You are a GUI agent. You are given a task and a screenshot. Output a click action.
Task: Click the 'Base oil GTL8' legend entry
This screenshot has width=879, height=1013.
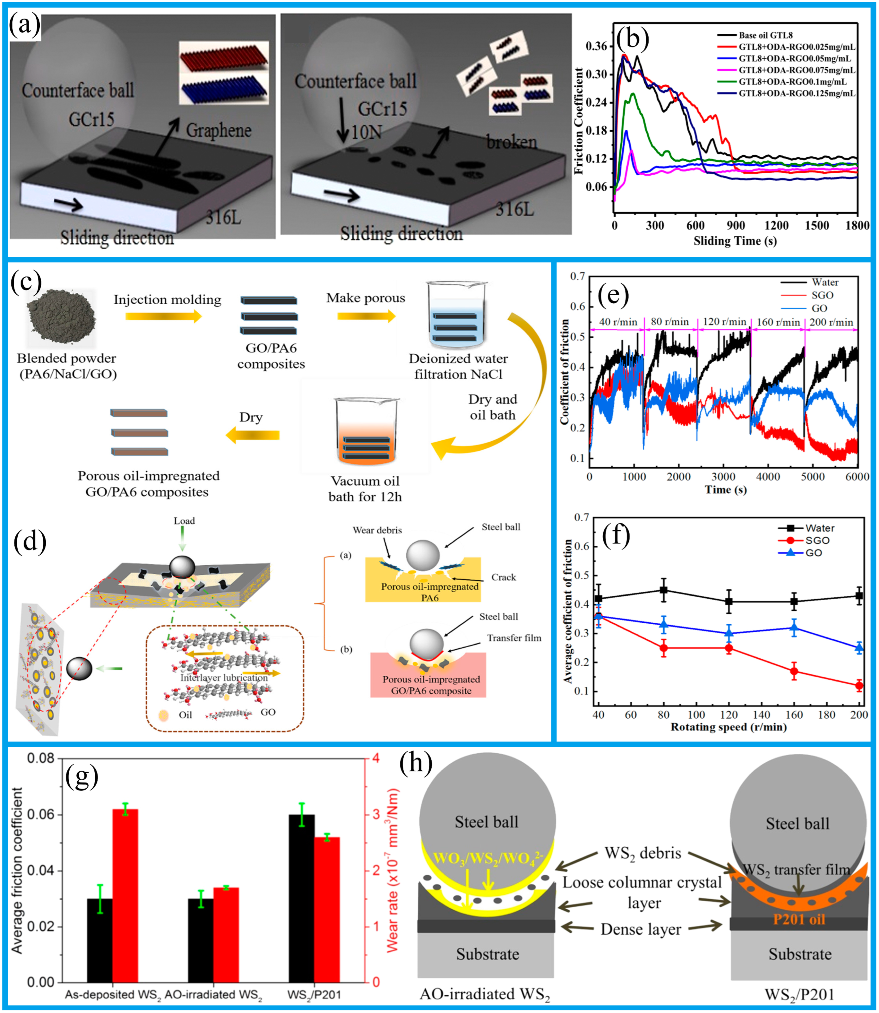pyautogui.click(x=765, y=35)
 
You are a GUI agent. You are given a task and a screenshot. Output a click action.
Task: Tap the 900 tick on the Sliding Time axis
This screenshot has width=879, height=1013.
pyautogui.click(x=735, y=225)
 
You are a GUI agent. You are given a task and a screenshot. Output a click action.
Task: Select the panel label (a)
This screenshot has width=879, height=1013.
pyautogui.click(x=24, y=25)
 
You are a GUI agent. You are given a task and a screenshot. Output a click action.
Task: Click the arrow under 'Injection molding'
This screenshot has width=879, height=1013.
pyautogui.click(x=163, y=316)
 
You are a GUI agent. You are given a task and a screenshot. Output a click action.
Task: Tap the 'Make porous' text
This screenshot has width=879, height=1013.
pyautogui.click(x=366, y=298)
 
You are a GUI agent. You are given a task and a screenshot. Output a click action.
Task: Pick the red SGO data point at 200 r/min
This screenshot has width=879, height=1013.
pyautogui.click(x=859, y=686)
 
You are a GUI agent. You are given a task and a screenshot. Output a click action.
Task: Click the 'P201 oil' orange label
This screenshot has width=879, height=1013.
pyautogui.click(x=799, y=919)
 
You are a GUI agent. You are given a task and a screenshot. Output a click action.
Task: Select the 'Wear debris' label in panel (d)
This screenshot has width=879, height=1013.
pyautogui.click(x=377, y=530)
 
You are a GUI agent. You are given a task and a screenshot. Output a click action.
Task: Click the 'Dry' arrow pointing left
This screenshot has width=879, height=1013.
pyautogui.click(x=253, y=435)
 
